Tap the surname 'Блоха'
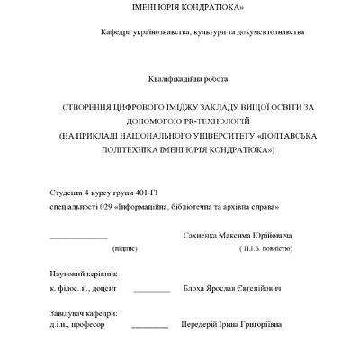pos(195,289)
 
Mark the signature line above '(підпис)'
pos(78,238)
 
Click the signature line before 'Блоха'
pos(152,292)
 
